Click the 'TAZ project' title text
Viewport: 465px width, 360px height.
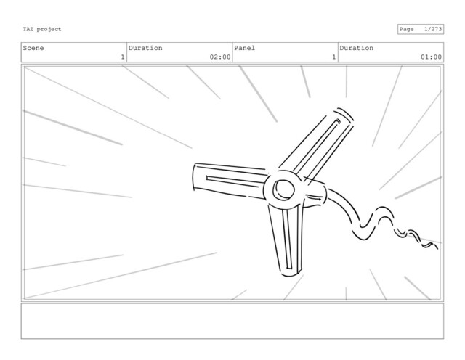tap(42, 29)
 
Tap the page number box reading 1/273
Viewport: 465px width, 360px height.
tap(420, 29)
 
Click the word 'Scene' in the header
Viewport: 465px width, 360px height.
tap(33, 48)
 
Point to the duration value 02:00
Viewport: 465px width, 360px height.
tap(219, 57)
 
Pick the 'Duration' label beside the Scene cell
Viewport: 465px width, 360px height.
tap(145, 48)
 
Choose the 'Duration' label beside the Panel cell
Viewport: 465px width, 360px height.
tap(356, 48)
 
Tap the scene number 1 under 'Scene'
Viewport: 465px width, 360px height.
tap(122, 57)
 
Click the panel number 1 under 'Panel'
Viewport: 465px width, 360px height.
tap(333, 57)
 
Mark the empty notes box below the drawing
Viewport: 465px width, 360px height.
tap(232, 321)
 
